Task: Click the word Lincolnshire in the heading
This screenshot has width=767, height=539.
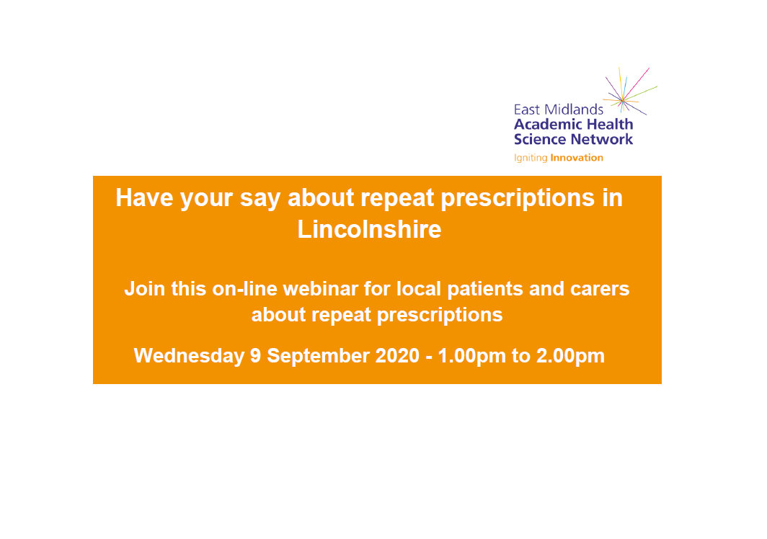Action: tap(369, 229)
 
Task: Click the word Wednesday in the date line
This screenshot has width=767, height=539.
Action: tap(189, 356)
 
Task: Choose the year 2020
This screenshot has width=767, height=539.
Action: tap(398, 355)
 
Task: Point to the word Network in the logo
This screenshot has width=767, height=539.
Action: tap(602, 139)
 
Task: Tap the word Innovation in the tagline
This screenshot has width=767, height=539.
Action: tap(577, 158)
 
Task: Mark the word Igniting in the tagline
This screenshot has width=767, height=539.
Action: tap(531, 158)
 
